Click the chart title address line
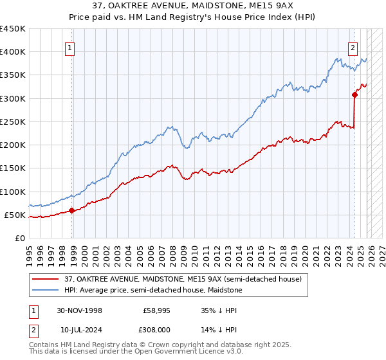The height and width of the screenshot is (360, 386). point(193,6)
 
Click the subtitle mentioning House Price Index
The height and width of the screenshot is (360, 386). point(193,17)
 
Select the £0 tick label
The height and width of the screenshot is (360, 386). point(19,238)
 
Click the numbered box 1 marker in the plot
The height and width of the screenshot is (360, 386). point(69,47)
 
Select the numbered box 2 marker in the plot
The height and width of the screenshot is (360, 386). point(353,47)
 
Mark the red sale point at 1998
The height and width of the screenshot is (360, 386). point(71,210)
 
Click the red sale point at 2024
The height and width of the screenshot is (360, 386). point(354,94)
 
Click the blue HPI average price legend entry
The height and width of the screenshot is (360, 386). point(151,290)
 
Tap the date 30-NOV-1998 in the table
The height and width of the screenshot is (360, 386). point(79,310)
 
